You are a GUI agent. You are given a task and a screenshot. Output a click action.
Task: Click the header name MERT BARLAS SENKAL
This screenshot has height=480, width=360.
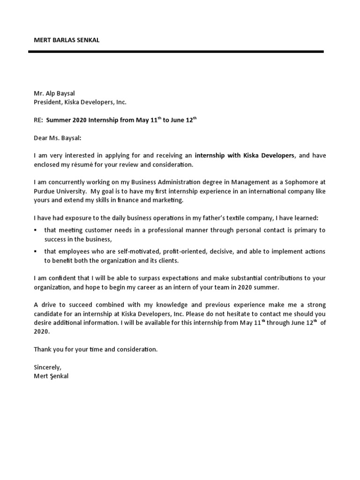[x=67, y=40]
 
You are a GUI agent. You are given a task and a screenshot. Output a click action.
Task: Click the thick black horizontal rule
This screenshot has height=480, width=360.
[x=176, y=52]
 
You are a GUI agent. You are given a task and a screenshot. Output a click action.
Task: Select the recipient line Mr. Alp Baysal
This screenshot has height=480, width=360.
[x=54, y=93]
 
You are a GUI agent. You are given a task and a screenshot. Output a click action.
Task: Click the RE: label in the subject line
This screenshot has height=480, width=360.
[x=38, y=120]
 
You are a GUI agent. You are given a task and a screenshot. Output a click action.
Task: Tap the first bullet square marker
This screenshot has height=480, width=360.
[x=36, y=230]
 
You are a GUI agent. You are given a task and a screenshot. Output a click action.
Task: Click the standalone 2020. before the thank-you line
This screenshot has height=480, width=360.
[x=41, y=331]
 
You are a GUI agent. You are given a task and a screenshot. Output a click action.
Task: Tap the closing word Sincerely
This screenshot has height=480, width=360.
[x=47, y=367]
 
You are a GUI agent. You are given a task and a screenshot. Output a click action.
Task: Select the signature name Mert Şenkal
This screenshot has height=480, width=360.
[x=51, y=376]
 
